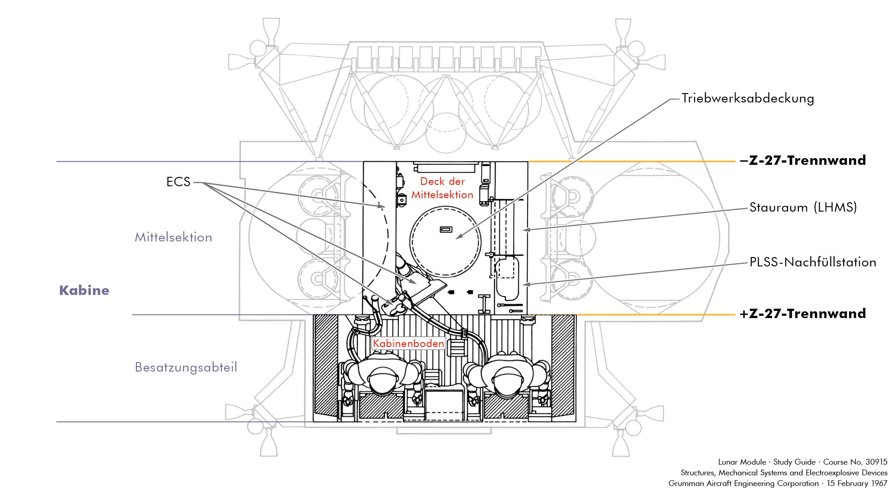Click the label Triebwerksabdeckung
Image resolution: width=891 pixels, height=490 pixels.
click(x=748, y=98)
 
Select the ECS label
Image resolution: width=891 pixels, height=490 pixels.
click(x=178, y=182)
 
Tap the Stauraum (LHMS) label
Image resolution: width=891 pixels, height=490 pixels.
click(x=803, y=207)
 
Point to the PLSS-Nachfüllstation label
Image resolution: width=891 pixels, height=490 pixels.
click(x=813, y=262)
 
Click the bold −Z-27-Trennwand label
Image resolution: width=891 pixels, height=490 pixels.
click(x=803, y=160)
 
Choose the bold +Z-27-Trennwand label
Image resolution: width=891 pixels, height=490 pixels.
click(x=803, y=314)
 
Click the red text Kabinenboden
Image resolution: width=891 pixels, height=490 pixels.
click(x=409, y=343)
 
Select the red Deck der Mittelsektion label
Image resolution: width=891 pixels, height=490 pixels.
click(x=442, y=188)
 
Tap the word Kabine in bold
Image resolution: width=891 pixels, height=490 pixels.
click(x=84, y=290)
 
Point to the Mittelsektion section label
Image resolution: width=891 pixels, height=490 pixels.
click(x=173, y=237)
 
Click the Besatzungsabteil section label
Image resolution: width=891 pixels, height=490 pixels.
click(x=186, y=367)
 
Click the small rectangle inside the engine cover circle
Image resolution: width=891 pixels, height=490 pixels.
click(x=445, y=229)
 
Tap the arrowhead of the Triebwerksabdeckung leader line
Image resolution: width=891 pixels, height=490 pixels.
click(x=458, y=238)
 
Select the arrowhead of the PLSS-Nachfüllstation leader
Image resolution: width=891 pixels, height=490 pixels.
click(x=525, y=284)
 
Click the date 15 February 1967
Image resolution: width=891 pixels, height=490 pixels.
click(x=857, y=483)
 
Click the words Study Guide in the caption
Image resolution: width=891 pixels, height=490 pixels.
click(x=794, y=462)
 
